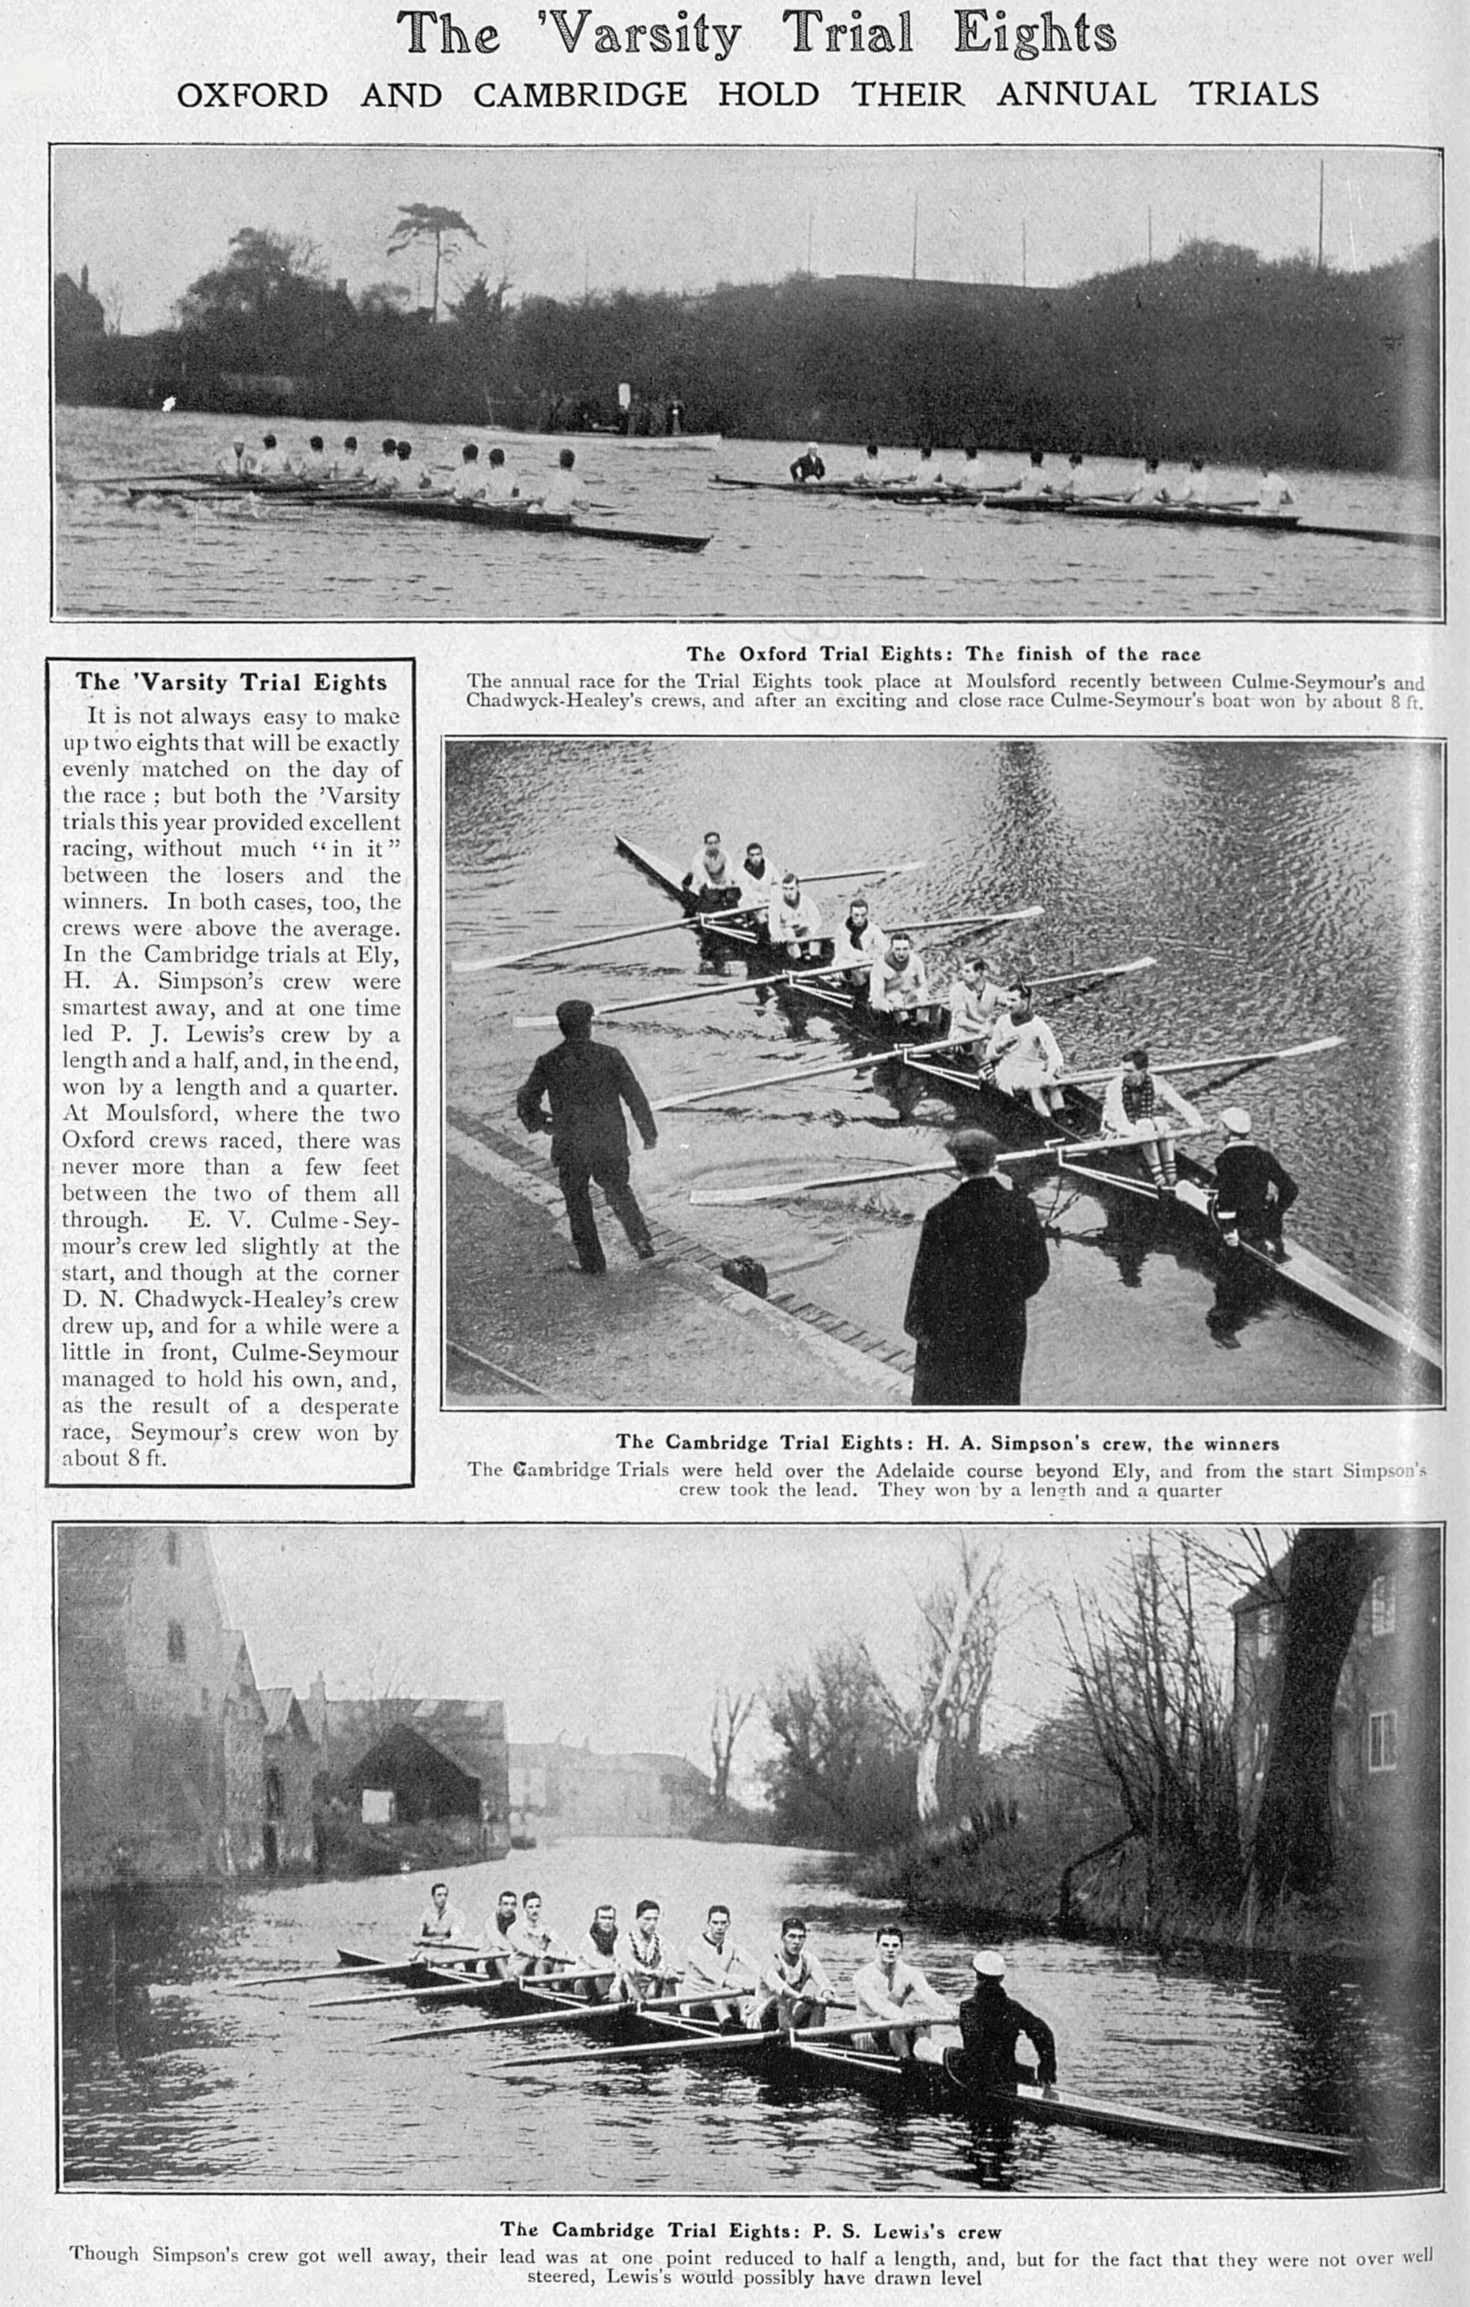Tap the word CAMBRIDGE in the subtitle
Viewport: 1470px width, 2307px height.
(580, 95)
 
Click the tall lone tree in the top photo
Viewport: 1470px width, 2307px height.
(433, 249)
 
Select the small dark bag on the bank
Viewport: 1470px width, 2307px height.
(744, 1274)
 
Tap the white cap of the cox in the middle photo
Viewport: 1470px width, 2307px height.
(1235, 1119)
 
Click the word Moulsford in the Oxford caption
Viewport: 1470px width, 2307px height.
(1010, 682)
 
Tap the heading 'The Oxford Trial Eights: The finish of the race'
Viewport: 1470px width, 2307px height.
(943, 654)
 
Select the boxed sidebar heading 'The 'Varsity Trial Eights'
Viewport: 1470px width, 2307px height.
(231, 682)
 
